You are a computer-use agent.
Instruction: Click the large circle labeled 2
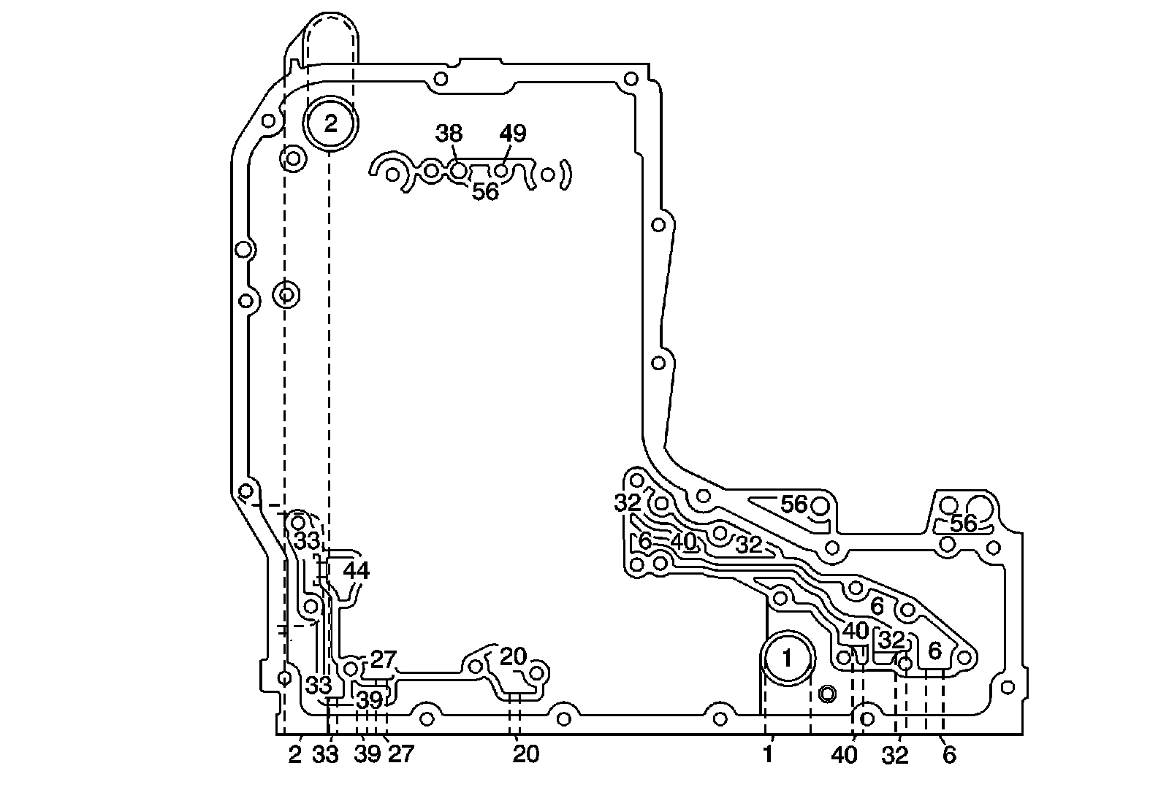(331, 123)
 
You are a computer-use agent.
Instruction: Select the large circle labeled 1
(787, 659)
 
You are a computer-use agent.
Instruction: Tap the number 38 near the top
(449, 134)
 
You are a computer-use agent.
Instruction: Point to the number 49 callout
(512, 134)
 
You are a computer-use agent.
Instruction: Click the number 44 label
(356, 571)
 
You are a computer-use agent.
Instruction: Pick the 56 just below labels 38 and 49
(485, 192)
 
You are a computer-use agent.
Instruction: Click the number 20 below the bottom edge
(525, 754)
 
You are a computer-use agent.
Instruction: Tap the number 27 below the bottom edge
(400, 754)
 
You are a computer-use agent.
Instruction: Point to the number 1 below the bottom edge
(768, 755)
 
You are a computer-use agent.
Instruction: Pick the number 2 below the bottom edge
(294, 755)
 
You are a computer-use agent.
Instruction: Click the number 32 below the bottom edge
(895, 756)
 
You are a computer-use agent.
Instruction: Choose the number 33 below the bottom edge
(325, 754)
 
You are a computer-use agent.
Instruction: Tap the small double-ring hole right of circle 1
(827, 693)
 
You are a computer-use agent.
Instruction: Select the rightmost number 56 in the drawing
(963, 524)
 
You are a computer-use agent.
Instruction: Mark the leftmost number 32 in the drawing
(627, 502)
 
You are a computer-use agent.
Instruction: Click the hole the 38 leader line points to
(458, 171)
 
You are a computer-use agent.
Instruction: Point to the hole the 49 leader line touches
(501, 171)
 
